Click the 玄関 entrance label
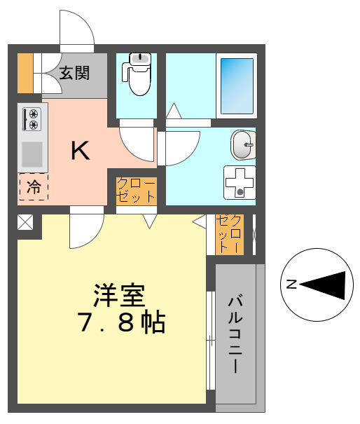click(74, 71)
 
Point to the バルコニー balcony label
click(235, 334)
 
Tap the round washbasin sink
click(242, 146)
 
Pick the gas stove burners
click(33, 118)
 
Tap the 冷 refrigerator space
click(33, 187)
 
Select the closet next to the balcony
click(230, 234)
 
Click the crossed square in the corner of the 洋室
click(25, 223)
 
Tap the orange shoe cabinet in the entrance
click(25, 73)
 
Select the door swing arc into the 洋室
click(86, 231)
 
